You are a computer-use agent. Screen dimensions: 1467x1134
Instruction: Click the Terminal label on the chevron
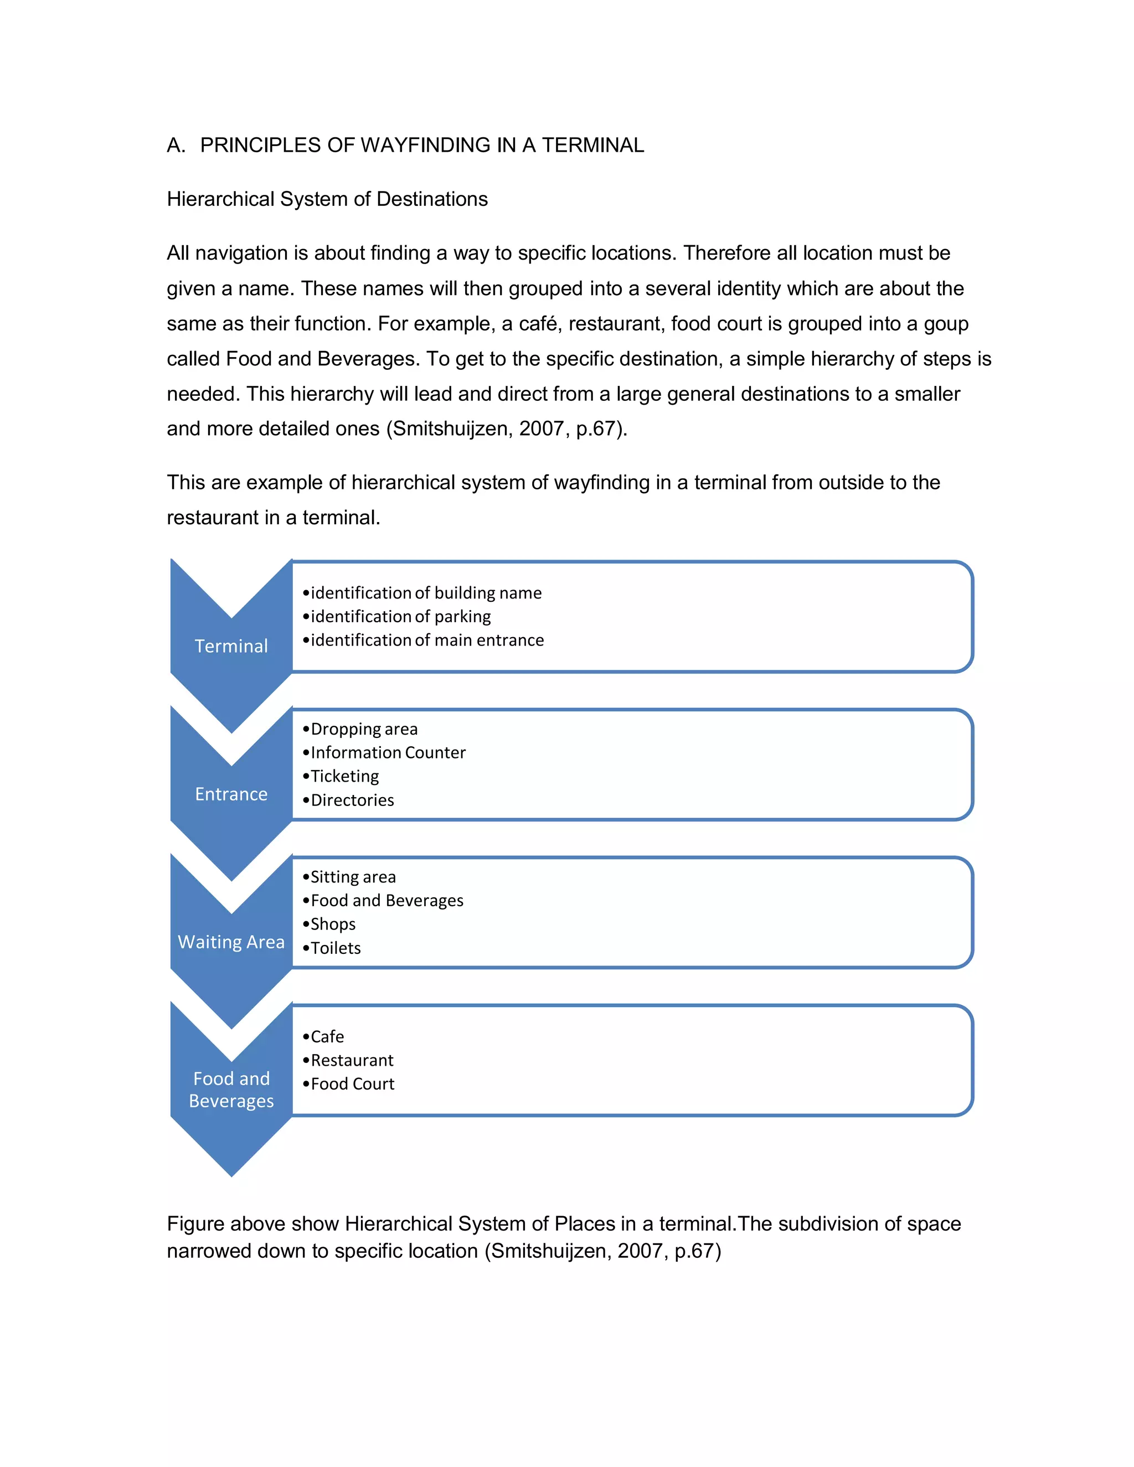pos(231,646)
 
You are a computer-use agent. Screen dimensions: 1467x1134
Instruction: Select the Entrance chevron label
pos(231,794)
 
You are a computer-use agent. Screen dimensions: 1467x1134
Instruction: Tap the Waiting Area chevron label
pos(231,942)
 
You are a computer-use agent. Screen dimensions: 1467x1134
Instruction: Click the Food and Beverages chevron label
pos(231,1089)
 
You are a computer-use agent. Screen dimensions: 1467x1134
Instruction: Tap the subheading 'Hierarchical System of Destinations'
pos(327,199)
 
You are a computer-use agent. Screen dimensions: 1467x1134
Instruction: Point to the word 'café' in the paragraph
pos(538,324)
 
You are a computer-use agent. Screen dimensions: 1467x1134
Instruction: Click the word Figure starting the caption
pos(195,1224)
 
